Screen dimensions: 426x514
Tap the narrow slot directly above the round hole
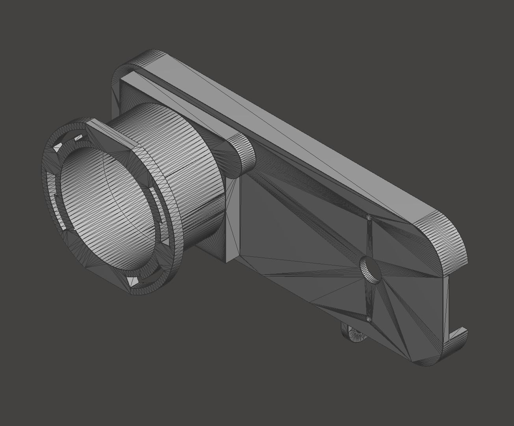[x=369, y=237]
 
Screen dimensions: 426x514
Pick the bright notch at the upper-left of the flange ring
[x=58, y=146]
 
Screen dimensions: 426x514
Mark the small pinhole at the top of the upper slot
[x=369, y=217]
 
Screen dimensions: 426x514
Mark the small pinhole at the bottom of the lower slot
[x=369, y=318]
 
